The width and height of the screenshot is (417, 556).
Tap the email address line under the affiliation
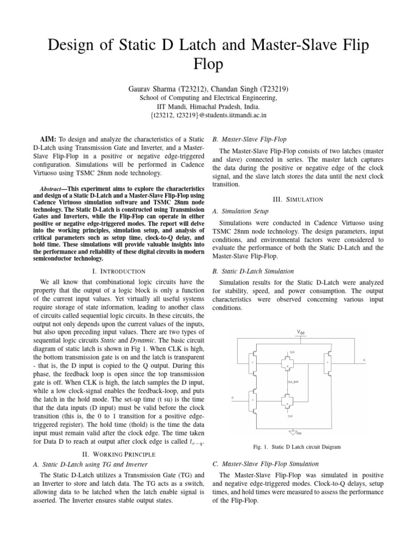click(x=208, y=115)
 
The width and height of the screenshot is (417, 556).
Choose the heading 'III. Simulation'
click(x=298, y=199)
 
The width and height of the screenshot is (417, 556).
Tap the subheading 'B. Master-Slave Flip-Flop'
click(x=249, y=140)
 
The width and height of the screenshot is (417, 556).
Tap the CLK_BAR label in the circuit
click(x=294, y=382)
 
